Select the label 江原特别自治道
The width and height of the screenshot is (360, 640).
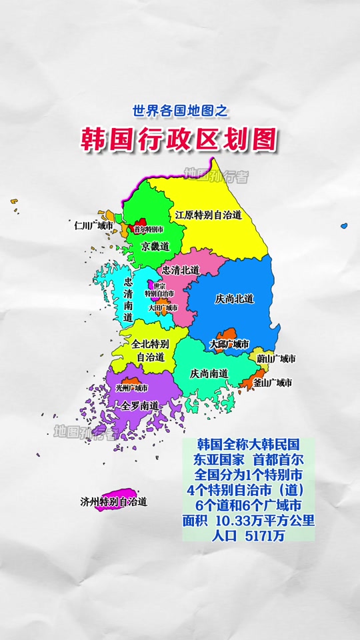[208, 215]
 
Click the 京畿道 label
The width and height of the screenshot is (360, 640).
[155, 247]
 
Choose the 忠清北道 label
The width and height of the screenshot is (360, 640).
[181, 270]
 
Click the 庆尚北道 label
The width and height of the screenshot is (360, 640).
[235, 299]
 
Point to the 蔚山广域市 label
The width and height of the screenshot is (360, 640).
[276, 359]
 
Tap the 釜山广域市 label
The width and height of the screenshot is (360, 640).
[271, 383]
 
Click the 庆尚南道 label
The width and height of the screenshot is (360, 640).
[209, 373]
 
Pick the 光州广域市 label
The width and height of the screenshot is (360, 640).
[132, 387]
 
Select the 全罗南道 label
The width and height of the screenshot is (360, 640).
[140, 405]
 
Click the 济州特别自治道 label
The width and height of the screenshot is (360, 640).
[113, 502]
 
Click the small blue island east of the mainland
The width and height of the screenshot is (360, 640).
[344, 227]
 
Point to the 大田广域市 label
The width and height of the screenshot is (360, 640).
[163, 308]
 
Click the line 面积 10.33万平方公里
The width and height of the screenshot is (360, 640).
[248, 519]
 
